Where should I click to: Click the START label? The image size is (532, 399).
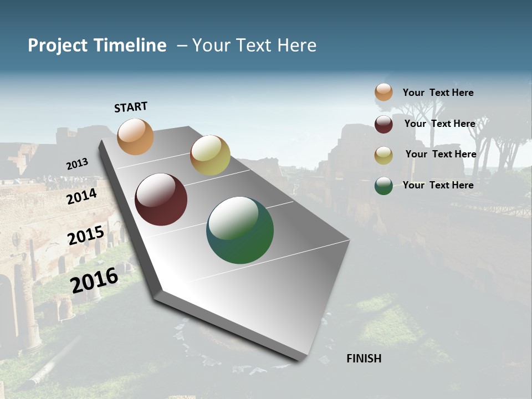[131, 107]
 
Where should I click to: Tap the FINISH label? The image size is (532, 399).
[364, 359]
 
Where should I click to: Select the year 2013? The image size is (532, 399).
[77, 163]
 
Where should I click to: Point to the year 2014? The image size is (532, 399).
[82, 196]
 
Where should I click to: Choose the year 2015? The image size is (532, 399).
[86, 235]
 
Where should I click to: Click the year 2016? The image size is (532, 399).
[94, 280]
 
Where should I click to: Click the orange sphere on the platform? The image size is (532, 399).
[136, 136]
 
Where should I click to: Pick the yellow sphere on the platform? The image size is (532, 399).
[210, 155]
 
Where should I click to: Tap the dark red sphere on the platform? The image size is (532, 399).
[161, 199]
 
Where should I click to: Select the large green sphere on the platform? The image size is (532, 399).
[240, 230]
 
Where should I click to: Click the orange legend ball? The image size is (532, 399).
[383, 92]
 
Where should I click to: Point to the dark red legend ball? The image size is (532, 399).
[383, 124]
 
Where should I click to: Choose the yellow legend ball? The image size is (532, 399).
[383, 155]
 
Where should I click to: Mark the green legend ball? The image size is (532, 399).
[383, 186]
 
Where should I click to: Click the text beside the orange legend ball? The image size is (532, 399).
[438, 93]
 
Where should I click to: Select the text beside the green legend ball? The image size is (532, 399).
[438, 185]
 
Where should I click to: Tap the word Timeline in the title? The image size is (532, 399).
[130, 45]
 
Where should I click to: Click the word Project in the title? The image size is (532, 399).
[58, 45]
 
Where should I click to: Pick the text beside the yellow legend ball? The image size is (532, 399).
[441, 154]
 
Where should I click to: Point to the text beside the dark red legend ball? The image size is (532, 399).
[440, 124]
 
